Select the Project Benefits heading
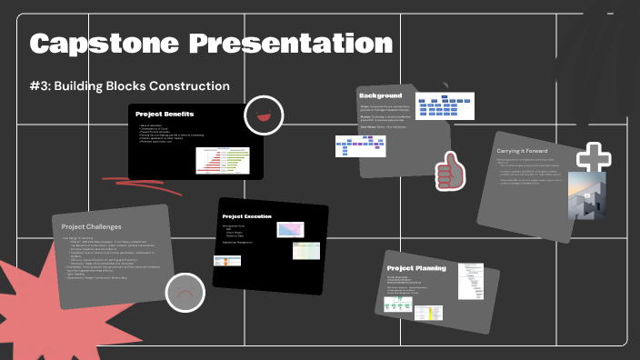[x=165, y=114]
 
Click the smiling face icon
[x=264, y=115]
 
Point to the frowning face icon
[x=185, y=293]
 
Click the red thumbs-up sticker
[x=447, y=169]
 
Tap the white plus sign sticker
[x=594, y=158]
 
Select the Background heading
[x=381, y=96]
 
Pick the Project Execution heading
[x=246, y=215]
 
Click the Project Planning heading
[x=414, y=269]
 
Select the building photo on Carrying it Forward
[x=586, y=196]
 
